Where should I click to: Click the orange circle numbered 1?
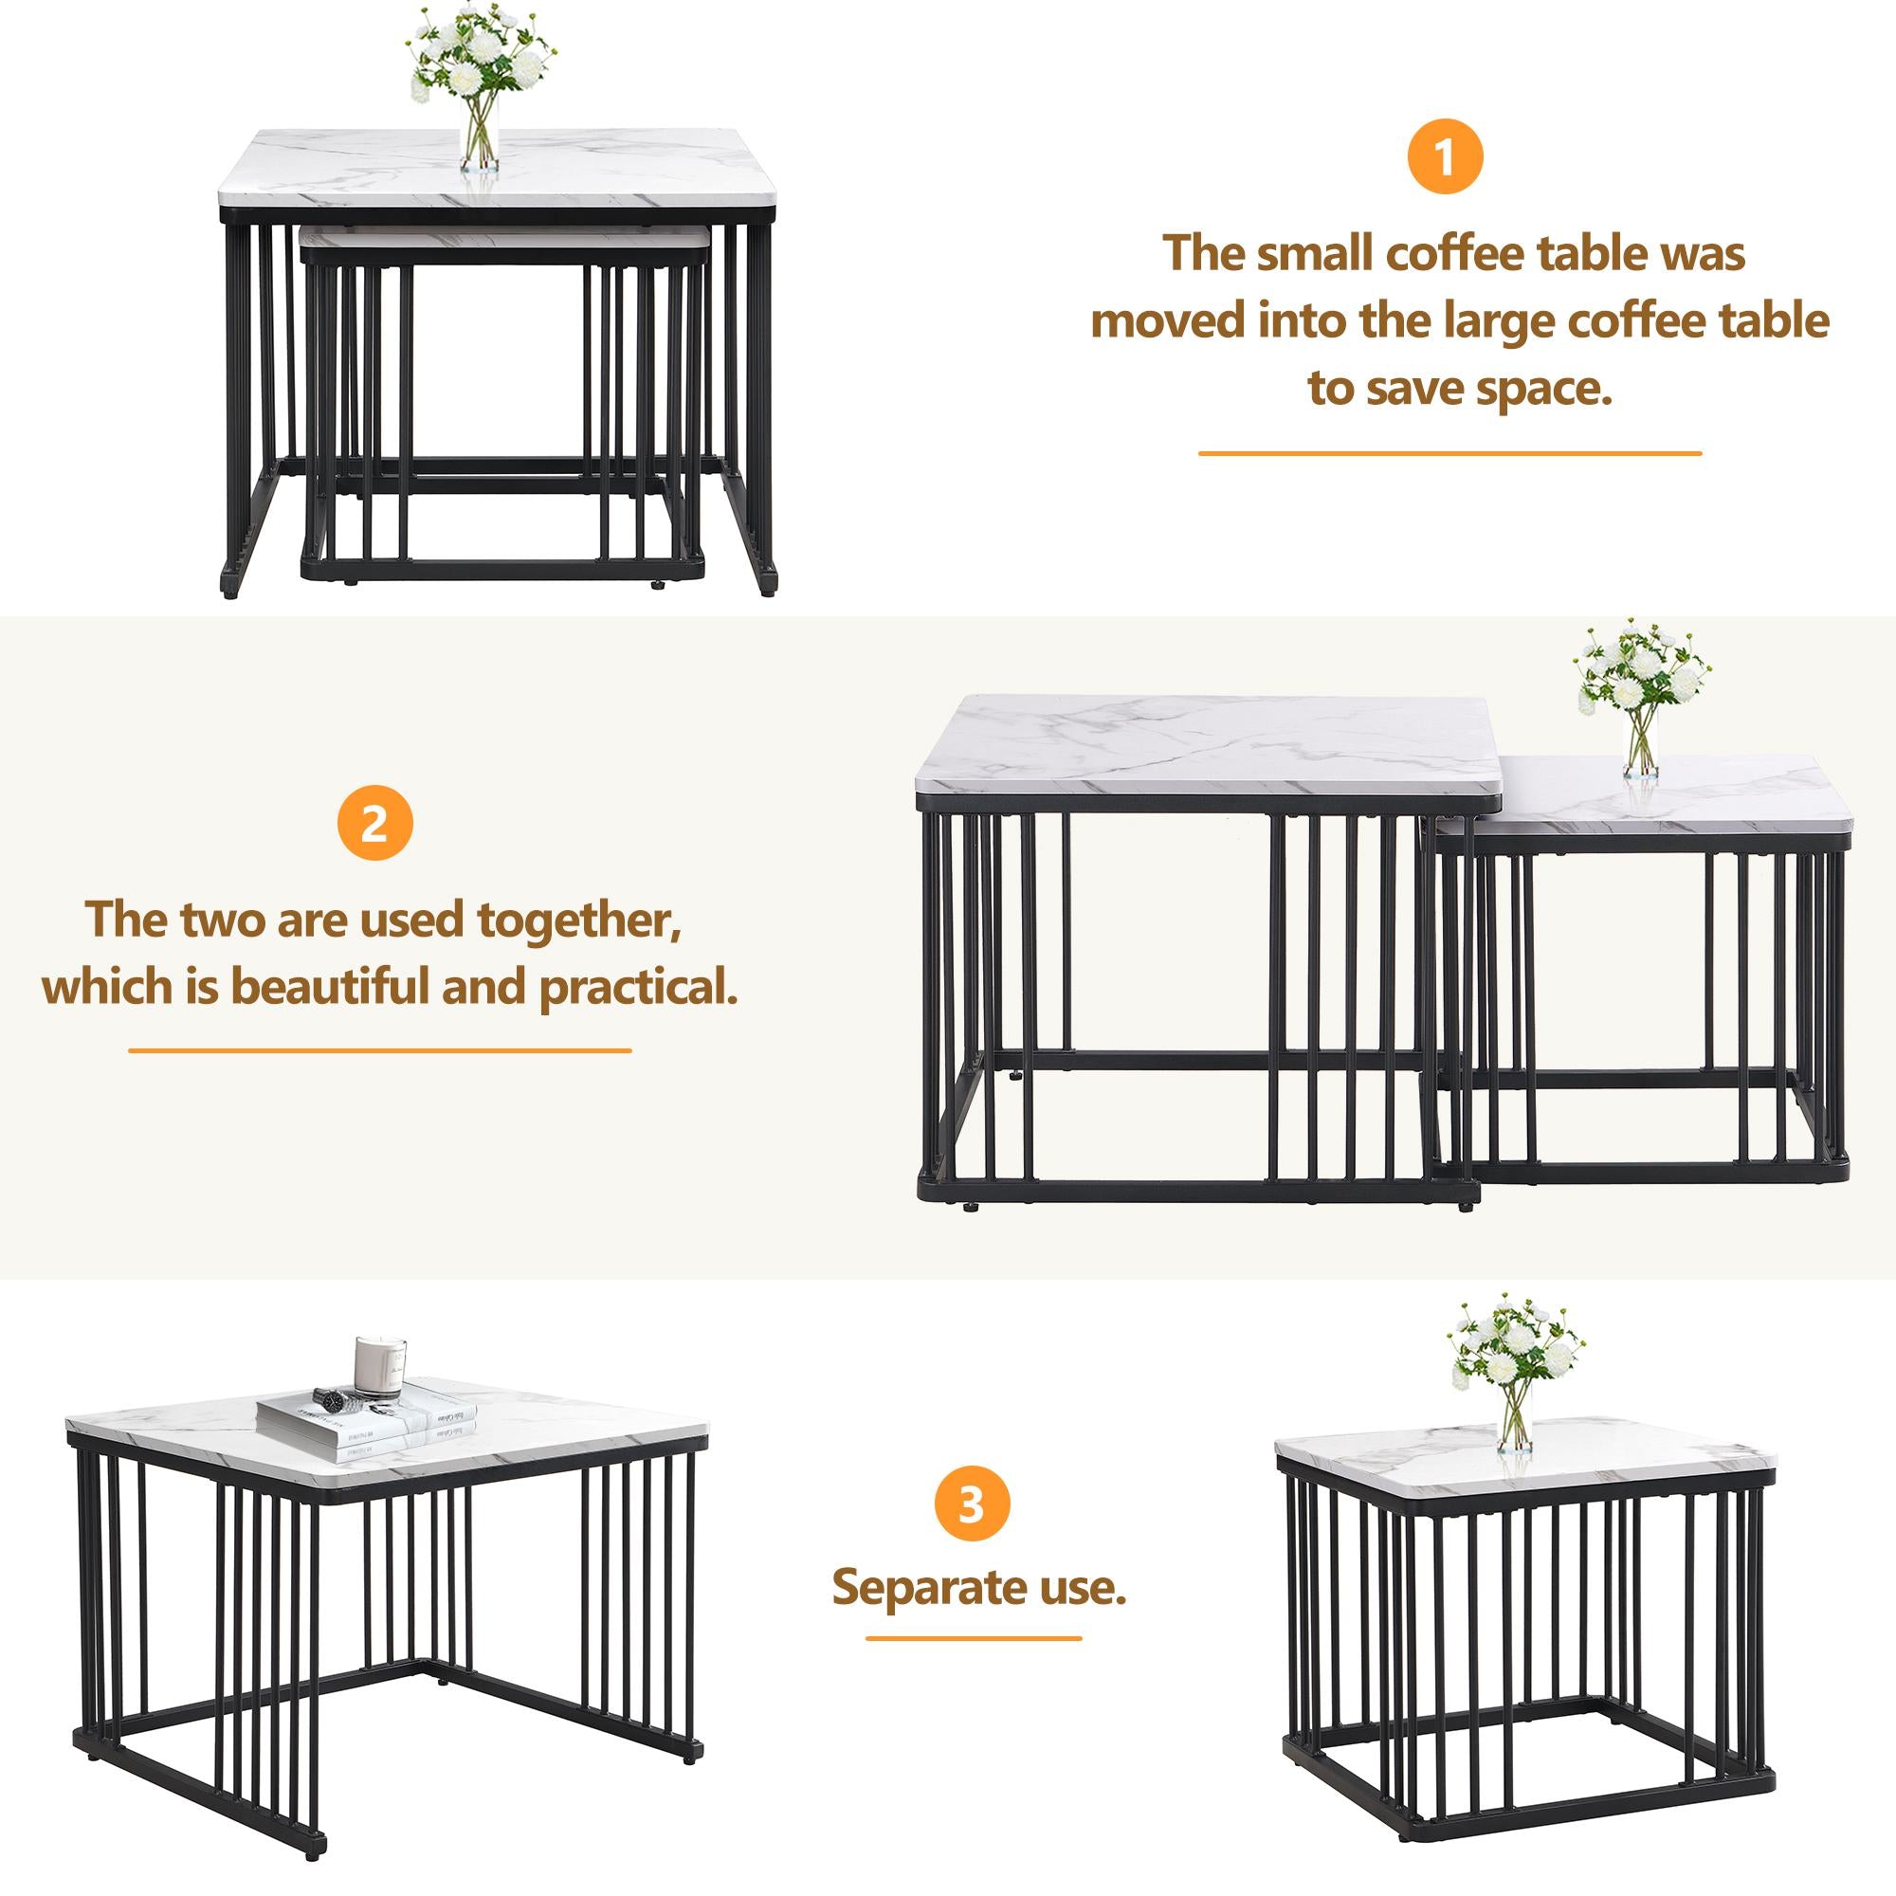pyautogui.click(x=1445, y=157)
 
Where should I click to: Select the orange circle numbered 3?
pyautogui.click(x=972, y=1504)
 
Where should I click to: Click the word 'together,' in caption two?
pyautogui.click(x=579, y=920)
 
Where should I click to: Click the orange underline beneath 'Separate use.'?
pyautogui.click(x=973, y=1638)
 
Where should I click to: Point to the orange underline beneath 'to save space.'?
pyautogui.click(x=1449, y=453)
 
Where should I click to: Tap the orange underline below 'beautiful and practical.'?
pyautogui.click(x=379, y=1050)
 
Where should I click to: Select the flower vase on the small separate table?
pyautogui.click(x=1514, y=1420)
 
